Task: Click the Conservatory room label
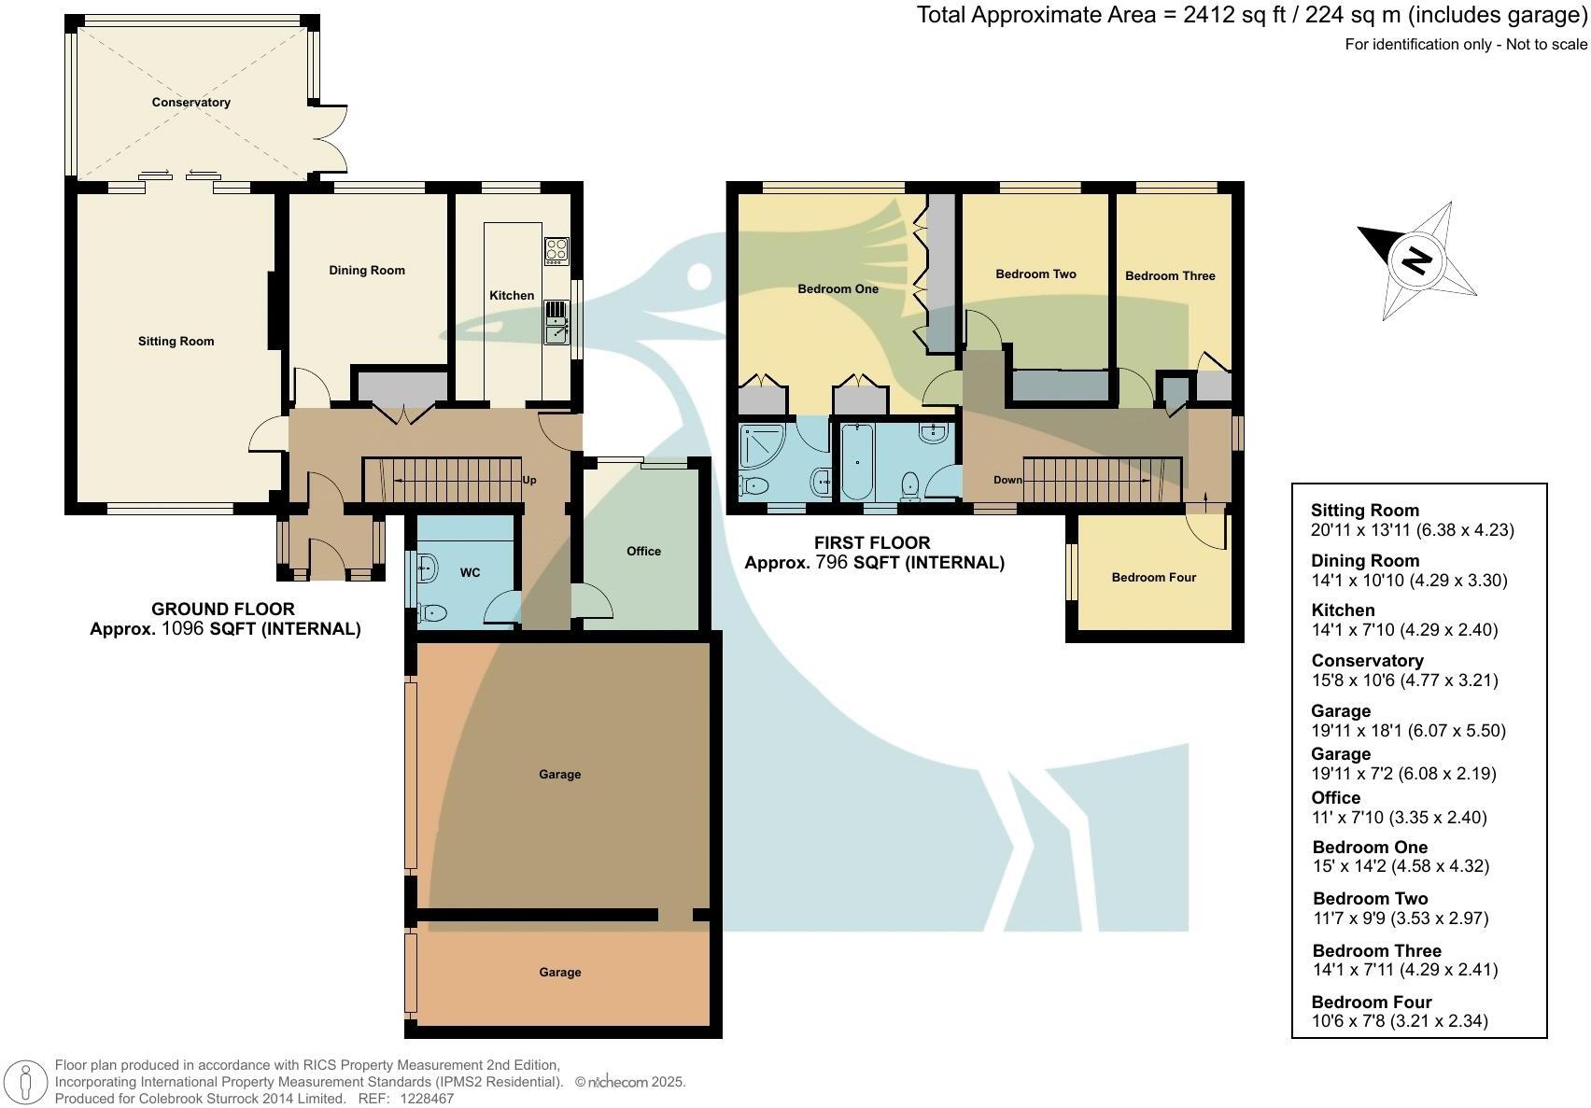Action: pyautogui.click(x=191, y=103)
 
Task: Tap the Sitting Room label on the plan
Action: pyautogui.click(x=176, y=342)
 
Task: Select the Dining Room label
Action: pyautogui.click(x=367, y=271)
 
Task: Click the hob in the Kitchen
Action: pyautogui.click(x=556, y=251)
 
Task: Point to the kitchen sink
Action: pyautogui.click(x=556, y=322)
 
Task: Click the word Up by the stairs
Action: pyautogui.click(x=529, y=480)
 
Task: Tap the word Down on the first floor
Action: pyautogui.click(x=1007, y=480)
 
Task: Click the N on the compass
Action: pyautogui.click(x=1416, y=259)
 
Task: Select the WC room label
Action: pyautogui.click(x=471, y=572)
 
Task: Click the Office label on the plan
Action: pyautogui.click(x=643, y=551)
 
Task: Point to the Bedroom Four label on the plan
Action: pyautogui.click(x=1153, y=578)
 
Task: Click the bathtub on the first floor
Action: pyautogui.click(x=857, y=462)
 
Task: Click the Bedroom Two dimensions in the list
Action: pyautogui.click(x=1401, y=919)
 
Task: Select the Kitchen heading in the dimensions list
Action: pyautogui.click(x=1344, y=610)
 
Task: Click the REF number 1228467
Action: pyautogui.click(x=427, y=1098)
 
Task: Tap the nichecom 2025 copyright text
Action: pyautogui.click(x=629, y=1082)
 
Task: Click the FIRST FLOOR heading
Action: pyautogui.click(x=872, y=542)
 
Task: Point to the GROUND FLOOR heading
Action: pyautogui.click(x=223, y=609)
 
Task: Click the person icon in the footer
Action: pyautogui.click(x=25, y=1083)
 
